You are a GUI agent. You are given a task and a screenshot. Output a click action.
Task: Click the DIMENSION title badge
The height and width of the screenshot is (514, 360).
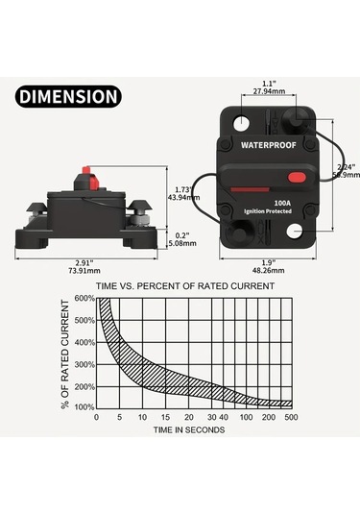(x=68, y=96)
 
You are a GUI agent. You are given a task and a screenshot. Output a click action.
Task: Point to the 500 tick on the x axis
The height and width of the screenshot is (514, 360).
(x=290, y=419)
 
